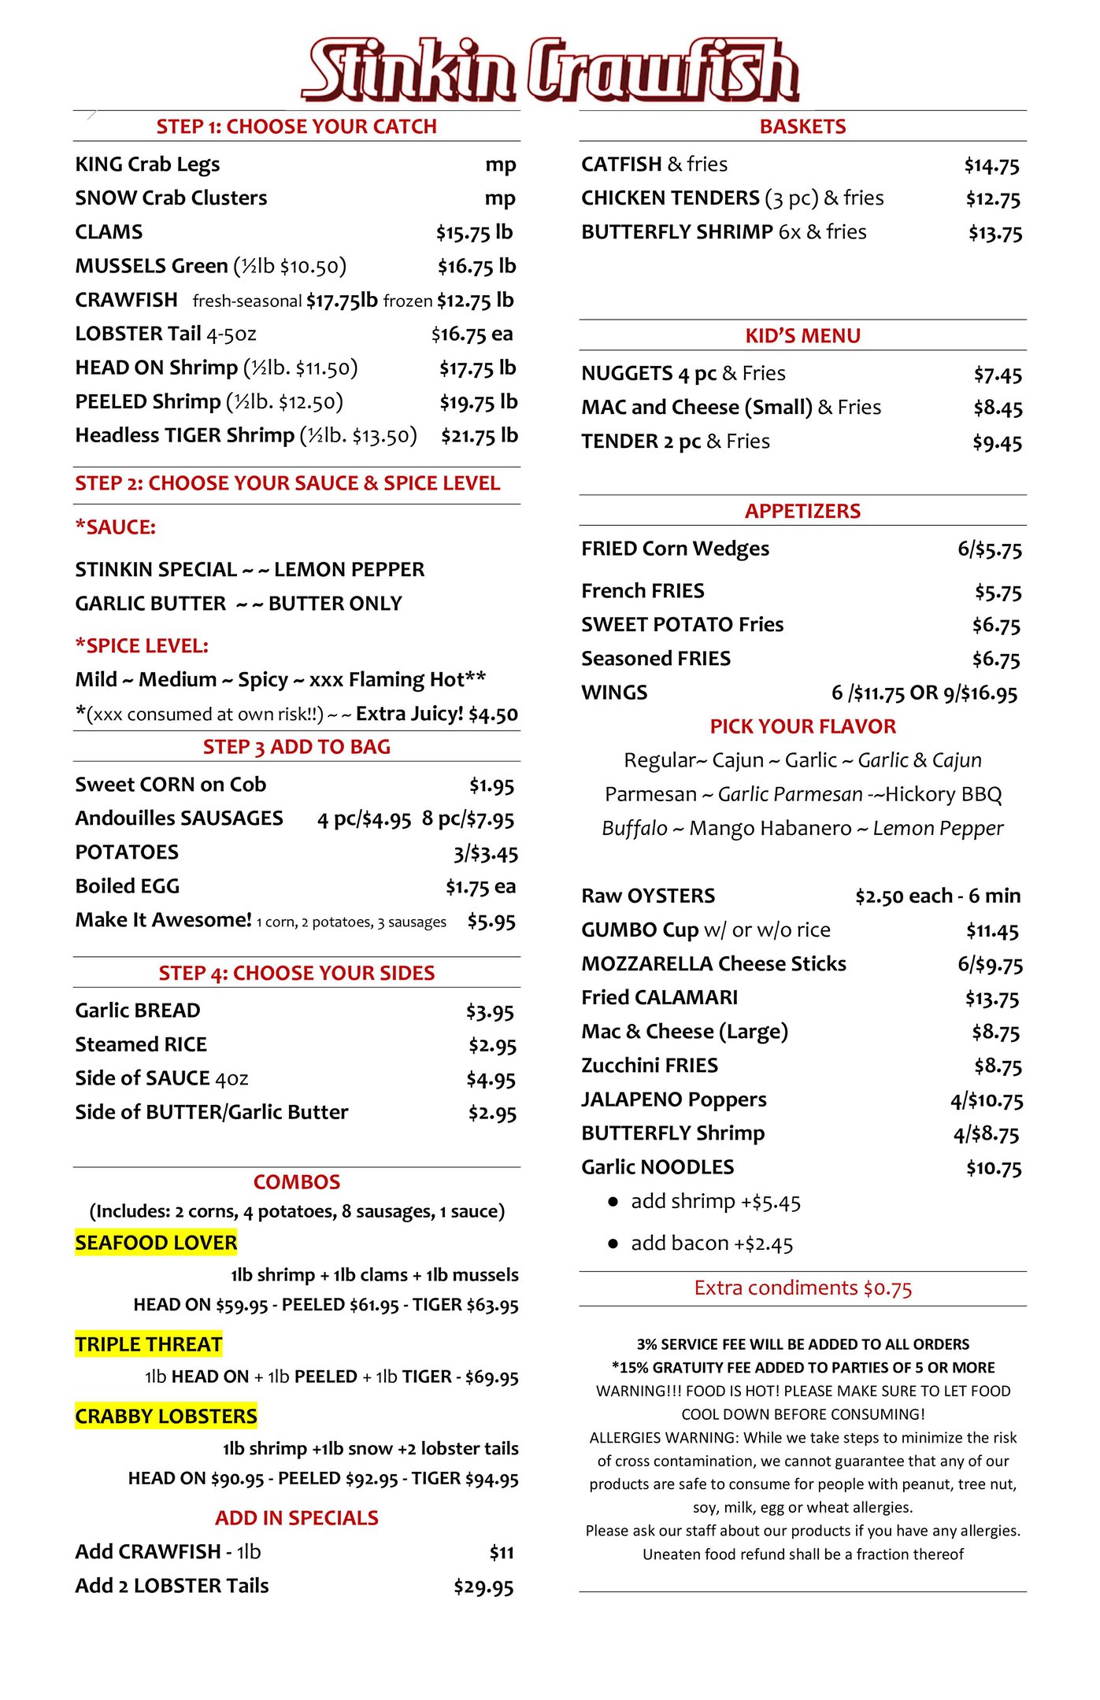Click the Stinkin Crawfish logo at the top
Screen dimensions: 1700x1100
[550, 69]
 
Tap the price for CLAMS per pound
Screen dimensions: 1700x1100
[474, 233]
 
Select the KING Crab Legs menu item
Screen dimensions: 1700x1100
[147, 164]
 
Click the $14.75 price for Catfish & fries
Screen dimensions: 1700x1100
[991, 165]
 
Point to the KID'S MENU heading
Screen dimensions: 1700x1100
[802, 336]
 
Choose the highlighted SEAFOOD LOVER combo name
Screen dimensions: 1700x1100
[156, 1243]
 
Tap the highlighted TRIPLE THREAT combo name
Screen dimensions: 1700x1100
[149, 1344]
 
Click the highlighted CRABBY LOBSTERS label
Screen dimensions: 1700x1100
[166, 1416]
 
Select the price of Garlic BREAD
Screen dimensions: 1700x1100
[490, 1011]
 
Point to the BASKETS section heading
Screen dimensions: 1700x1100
[802, 127]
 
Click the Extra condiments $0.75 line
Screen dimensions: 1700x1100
[802, 1288]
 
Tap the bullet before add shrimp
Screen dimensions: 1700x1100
[613, 1202]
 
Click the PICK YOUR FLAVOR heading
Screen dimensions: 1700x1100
[802, 726]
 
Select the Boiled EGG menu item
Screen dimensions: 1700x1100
[128, 886]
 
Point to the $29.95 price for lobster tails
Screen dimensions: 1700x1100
[483, 1587]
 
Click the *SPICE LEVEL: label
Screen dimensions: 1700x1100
[142, 646]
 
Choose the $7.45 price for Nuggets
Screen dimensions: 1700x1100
[997, 375]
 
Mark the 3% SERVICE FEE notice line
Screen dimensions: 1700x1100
[802, 1344]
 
